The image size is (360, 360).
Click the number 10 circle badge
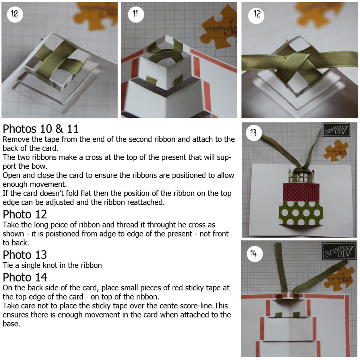coord(15,14)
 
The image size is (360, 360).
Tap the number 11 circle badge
coord(136,14)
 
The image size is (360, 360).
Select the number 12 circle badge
coord(256,15)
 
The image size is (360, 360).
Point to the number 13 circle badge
coord(254,133)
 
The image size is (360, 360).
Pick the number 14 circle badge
coord(255,254)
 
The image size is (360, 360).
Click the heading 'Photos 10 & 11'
coord(41,129)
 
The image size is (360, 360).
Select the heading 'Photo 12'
coord(25,214)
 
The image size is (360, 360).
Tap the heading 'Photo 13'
coord(25,255)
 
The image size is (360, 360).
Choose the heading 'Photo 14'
coord(25,277)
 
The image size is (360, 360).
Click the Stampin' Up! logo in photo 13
coord(336,130)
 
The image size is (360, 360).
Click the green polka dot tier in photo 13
coord(301,213)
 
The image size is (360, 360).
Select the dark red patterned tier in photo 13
coord(301,192)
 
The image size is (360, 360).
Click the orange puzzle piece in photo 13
coord(336,150)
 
